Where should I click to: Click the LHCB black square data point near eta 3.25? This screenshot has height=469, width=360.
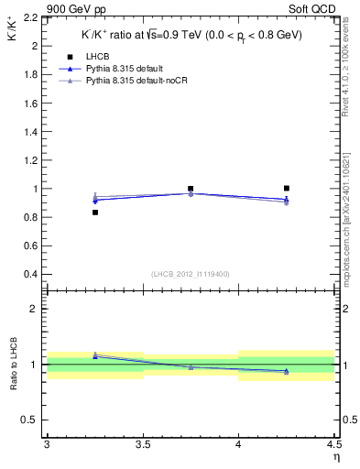tap(94, 213)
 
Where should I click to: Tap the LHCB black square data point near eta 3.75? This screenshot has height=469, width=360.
tap(191, 189)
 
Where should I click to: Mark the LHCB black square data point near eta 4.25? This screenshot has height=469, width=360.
tap(287, 189)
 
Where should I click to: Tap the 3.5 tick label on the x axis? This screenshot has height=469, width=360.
tap(143, 445)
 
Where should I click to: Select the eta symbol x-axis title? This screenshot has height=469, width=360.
tap(335, 457)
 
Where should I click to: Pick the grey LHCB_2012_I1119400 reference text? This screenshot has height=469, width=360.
tap(191, 274)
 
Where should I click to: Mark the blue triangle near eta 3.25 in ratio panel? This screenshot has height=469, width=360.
tap(94, 355)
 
